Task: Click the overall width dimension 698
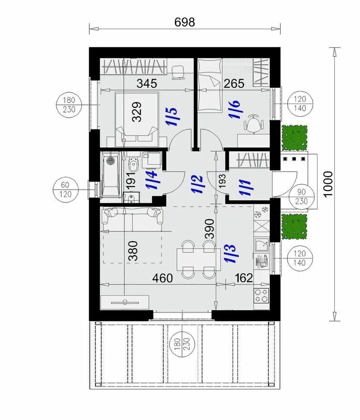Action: [x=184, y=22]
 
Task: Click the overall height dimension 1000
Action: [x=328, y=184]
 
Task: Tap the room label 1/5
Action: [x=171, y=117]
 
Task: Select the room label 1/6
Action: [x=234, y=109]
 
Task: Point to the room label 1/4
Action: [x=151, y=180]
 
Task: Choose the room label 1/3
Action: [x=230, y=253]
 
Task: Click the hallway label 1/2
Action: [x=197, y=184]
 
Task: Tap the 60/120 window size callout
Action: [x=65, y=189]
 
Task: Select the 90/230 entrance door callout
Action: [x=301, y=196]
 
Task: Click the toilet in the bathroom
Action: [x=133, y=163]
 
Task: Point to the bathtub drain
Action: [x=110, y=160]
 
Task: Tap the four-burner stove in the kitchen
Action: [x=261, y=295]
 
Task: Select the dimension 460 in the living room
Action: [x=162, y=278]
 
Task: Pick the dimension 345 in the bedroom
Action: [x=147, y=84]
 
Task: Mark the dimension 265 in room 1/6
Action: [x=234, y=84]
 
